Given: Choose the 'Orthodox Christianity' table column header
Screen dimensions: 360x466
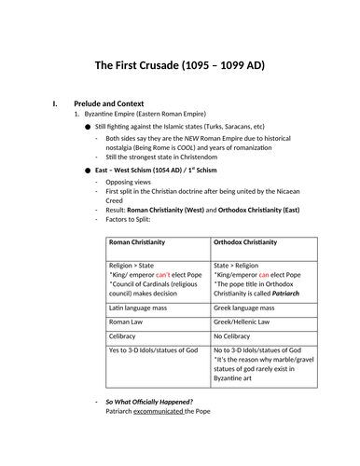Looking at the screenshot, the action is point(245,241).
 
